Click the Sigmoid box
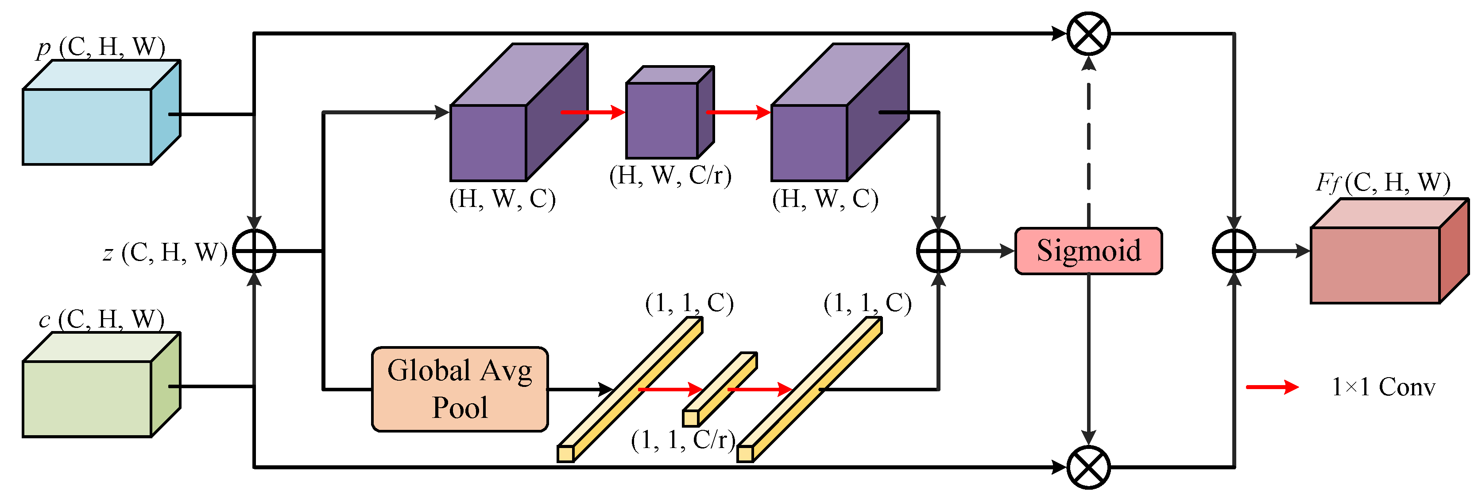(x=1088, y=251)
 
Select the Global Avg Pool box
(x=460, y=389)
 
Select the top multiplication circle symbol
(x=1088, y=33)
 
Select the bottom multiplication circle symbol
(x=1088, y=467)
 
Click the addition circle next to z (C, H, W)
(x=254, y=251)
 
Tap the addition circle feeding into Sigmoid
(x=938, y=251)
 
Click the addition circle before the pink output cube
(x=1234, y=251)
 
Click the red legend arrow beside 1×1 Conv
(x=1271, y=387)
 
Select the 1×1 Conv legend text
(x=1383, y=387)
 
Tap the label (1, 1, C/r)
(x=683, y=440)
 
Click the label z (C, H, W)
(x=166, y=252)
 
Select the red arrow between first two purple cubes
(x=592, y=112)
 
